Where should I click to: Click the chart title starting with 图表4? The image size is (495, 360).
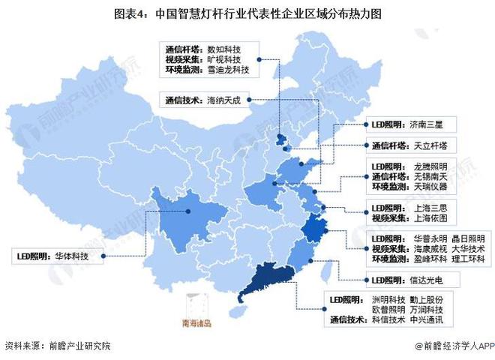click(x=247, y=14)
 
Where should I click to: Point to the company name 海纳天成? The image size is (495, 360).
click(x=228, y=98)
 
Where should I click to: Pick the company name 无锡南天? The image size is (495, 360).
click(x=430, y=175)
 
